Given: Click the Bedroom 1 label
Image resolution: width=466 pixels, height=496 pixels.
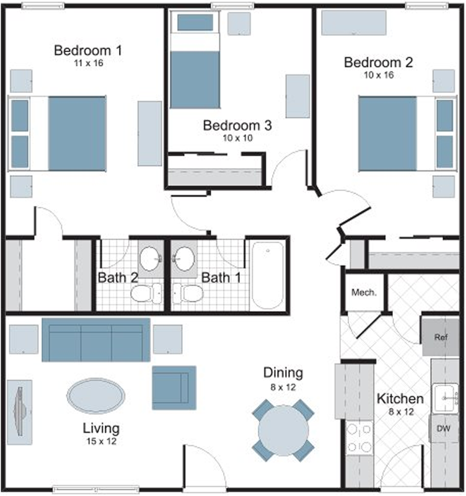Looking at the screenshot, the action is point(88,51).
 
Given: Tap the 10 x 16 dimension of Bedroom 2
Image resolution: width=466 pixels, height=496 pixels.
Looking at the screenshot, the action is point(379,75).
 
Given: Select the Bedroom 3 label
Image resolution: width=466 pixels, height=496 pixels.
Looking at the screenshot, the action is point(237,126).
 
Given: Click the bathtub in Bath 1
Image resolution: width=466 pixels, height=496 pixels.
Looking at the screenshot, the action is point(268,275).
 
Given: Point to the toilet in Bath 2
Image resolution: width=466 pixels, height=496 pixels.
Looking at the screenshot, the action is point(146,293).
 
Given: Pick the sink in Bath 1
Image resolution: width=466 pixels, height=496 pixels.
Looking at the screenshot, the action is point(184,259).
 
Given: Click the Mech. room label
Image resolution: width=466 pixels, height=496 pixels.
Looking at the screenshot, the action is point(364,293).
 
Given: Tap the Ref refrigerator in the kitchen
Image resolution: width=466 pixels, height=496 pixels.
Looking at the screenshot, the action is point(441,337).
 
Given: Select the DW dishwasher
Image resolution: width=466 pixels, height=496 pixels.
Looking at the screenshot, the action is point(443,428).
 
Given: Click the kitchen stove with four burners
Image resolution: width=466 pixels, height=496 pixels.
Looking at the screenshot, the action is point(359,438).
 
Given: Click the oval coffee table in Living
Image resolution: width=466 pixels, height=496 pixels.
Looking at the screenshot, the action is point(96,396).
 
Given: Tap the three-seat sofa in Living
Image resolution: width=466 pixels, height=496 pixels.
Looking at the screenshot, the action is point(96,340).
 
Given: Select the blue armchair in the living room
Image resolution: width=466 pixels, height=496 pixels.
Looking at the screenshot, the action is point(174,388).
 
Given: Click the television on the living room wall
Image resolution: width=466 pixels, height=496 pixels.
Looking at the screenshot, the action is point(20,412).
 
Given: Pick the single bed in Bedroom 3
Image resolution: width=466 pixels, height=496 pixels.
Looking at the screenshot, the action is point(195,60).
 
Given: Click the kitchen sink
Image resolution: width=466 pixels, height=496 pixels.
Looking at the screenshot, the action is point(445,398).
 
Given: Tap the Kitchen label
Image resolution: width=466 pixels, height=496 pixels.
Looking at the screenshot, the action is point(400,399).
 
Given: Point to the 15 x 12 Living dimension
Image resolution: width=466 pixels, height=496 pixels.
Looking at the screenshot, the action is point(102,441).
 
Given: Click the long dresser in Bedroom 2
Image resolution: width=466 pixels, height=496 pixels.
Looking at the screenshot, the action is point(354,23).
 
